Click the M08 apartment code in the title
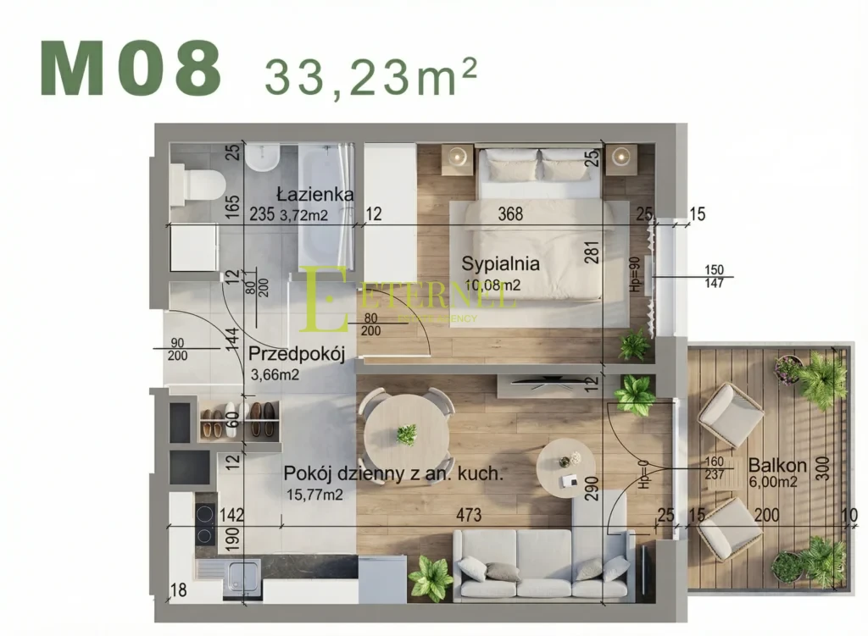[131, 69]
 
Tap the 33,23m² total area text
[370, 76]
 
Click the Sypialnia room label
[500, 263]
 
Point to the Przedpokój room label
[297, 354]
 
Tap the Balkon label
[771, 465]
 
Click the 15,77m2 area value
[314, 495]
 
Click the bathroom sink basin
[263, 158]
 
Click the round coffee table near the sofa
[568, 467]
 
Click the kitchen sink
[243, 578]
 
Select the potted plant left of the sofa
[431, 578]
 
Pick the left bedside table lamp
[459, 156]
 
